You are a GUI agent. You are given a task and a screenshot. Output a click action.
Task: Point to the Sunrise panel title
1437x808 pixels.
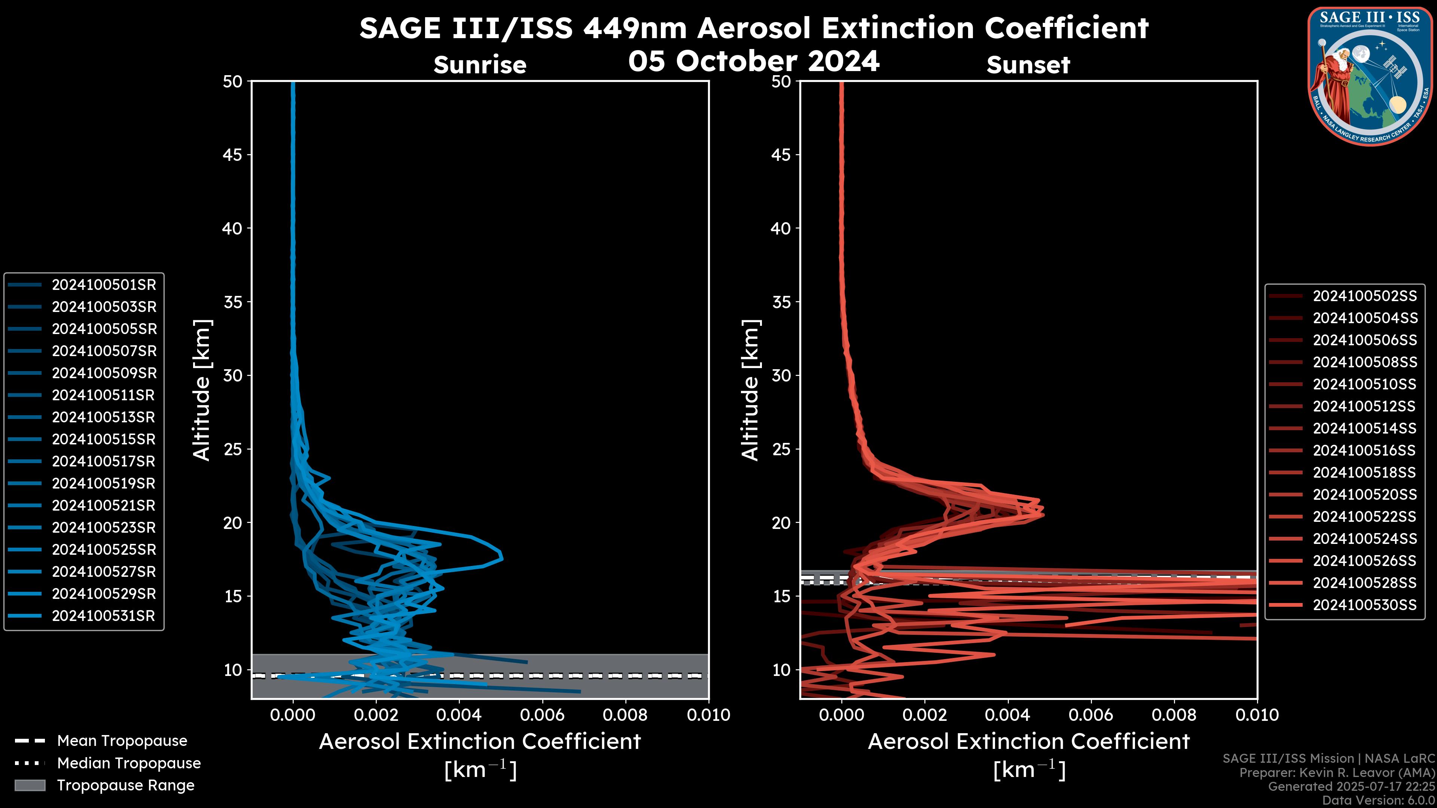coord(480,65)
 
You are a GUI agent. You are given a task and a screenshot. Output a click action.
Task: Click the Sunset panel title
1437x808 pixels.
coord(1028,65)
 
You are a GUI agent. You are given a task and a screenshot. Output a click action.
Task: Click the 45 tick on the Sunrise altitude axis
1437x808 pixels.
coord(233,155)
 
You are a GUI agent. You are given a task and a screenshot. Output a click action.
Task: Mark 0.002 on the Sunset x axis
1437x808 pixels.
coord(924,715)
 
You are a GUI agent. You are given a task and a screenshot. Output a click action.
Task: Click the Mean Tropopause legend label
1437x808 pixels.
coord(122,741)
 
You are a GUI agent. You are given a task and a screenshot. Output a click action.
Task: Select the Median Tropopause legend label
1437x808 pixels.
coord(129,763)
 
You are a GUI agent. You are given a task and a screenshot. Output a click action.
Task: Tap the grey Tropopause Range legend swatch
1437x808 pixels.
coord(30,786)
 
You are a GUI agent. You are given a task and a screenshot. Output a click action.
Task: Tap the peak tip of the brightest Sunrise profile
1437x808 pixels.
coord(502,557)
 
